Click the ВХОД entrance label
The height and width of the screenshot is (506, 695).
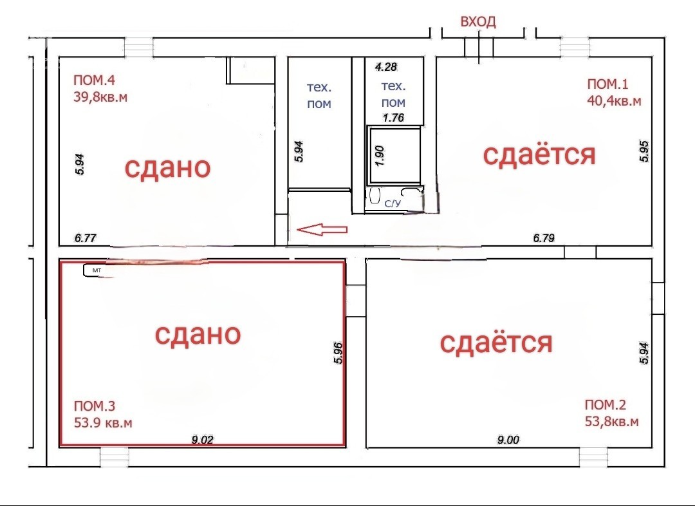tap(477, 22)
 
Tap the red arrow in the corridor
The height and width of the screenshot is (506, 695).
tap(322, 230)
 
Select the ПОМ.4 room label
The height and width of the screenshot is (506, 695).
tap(94, 80)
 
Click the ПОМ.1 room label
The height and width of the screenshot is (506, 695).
tap(607, 84)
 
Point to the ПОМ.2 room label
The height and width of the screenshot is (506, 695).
tap(606, 404)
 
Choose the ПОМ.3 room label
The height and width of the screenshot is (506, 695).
tap(95, 406)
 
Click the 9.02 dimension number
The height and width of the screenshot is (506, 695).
tap(202, 440)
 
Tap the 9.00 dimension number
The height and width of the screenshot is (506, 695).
tap(508, 440)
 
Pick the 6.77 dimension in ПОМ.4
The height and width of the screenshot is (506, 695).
tap(85, 238)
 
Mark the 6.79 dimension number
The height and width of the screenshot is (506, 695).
tap(543, 238)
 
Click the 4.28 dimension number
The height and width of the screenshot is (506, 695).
tap(385, 67)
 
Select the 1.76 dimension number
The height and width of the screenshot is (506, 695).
tap(394, 118)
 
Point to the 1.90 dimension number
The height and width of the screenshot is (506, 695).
tap(380, 156)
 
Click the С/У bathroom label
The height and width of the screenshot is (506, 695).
tap(393, 203)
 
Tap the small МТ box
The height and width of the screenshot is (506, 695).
tap(94, 270)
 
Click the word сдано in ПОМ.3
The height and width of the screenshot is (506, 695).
tap(198, 334)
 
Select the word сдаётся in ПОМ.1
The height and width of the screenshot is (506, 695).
tap(539, 155)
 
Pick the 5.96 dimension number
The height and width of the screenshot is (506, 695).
tap(338, 353)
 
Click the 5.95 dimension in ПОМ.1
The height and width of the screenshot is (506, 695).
tap(644, 151)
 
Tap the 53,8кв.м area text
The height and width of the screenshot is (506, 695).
tap(612, 421)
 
